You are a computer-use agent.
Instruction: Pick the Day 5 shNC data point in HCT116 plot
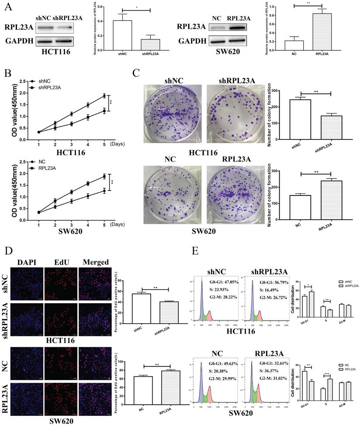[x=104, y=96]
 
